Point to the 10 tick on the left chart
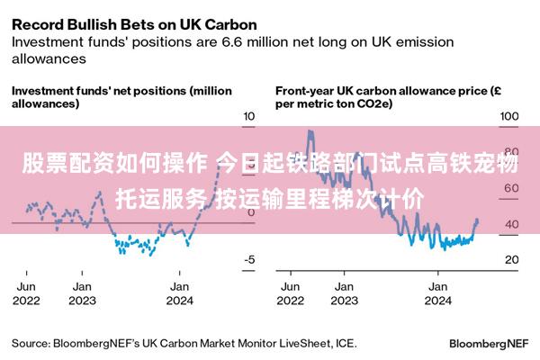point(251,117)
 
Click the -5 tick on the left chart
point(251,259)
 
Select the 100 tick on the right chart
point(509,117)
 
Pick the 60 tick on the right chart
point(509,188)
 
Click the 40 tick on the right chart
point(509,224)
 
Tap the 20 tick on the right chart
point(509,259)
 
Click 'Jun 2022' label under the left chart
point(27,294)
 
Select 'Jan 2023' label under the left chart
point(82,294)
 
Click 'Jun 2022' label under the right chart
point(291,294)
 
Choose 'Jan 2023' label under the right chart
point(342,294)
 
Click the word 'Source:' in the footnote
point(31,344)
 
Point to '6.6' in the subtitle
point(233,41)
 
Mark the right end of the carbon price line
point(477,220)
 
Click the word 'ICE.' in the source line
point(345,344)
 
